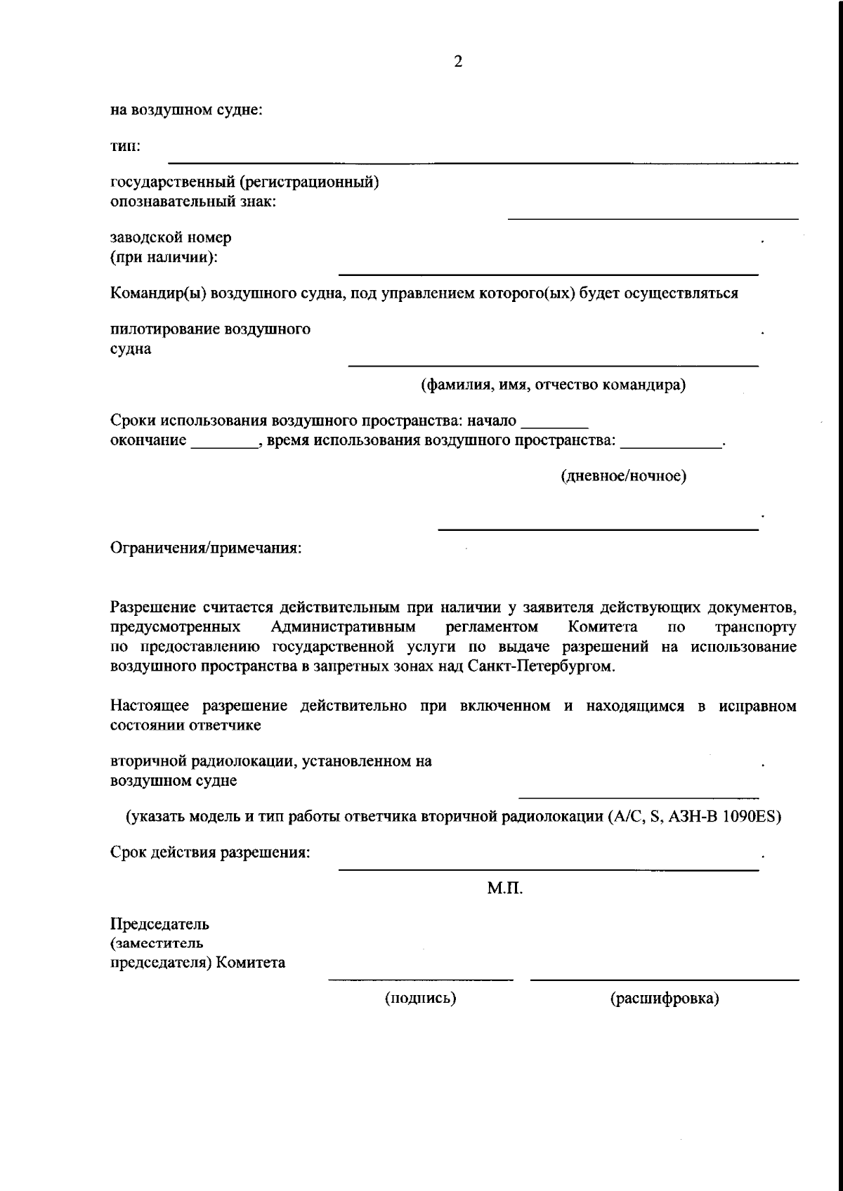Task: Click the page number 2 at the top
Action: tap(458, 62)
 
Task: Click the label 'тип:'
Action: tap(126, 147)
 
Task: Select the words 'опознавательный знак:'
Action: tap(193, 202)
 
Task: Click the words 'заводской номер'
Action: tap(171, 237)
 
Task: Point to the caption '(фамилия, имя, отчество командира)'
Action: tap(553, 385)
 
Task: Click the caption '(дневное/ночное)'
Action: tap(623, 476)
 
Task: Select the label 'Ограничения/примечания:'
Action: tap(206, 548)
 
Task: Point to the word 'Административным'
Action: tap(343, 626)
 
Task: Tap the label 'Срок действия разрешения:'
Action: tap(211, 853)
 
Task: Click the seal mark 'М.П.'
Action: tap(505, 889)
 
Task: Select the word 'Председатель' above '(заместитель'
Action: tap(159, 923)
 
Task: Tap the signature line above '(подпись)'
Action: tap(420, 978)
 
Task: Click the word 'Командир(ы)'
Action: tap(155, 294)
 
